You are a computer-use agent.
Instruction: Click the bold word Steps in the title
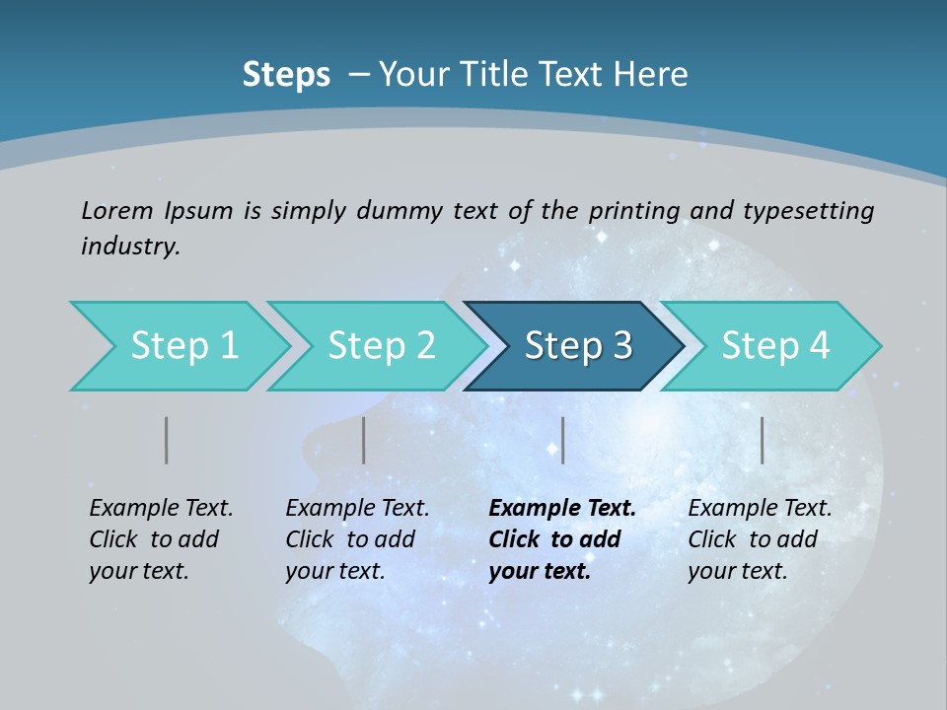click(286, 75)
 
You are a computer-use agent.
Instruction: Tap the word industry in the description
click(130, 246)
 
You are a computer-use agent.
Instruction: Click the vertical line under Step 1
click(166, 440)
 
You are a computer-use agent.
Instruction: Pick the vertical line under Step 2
click(363, 440)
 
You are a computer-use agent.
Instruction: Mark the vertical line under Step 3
click(562, 440)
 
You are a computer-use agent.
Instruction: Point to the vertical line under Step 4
click(762, 440)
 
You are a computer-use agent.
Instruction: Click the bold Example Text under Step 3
click(562, 509)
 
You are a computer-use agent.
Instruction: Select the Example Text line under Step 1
click(161, 509)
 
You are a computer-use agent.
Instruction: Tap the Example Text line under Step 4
click(760, 509)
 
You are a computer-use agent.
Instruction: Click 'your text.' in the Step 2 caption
click(334, 571)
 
